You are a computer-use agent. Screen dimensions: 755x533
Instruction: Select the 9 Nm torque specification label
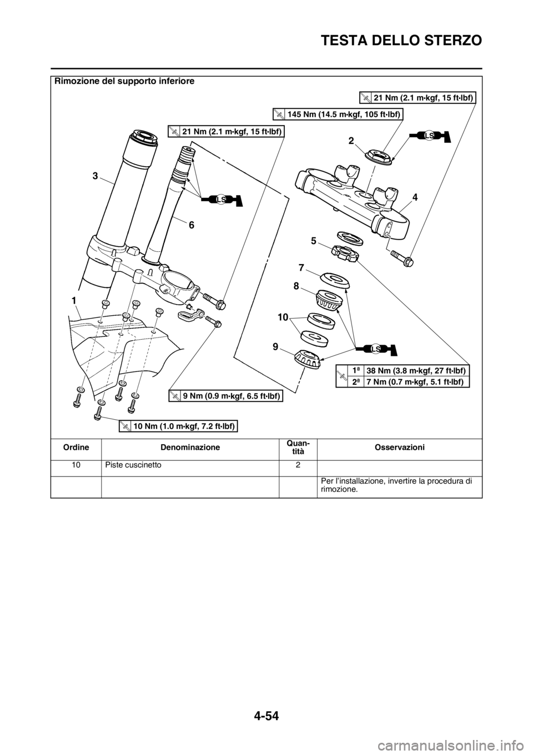tap(227, 396)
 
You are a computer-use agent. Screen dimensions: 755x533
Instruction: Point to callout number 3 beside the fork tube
tap(95, 176)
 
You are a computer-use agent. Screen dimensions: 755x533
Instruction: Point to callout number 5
tap(313, 241)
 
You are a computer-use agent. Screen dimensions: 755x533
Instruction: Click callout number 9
tap(275, 346)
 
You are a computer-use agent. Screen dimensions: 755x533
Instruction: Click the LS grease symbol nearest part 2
tap(429, 136)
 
